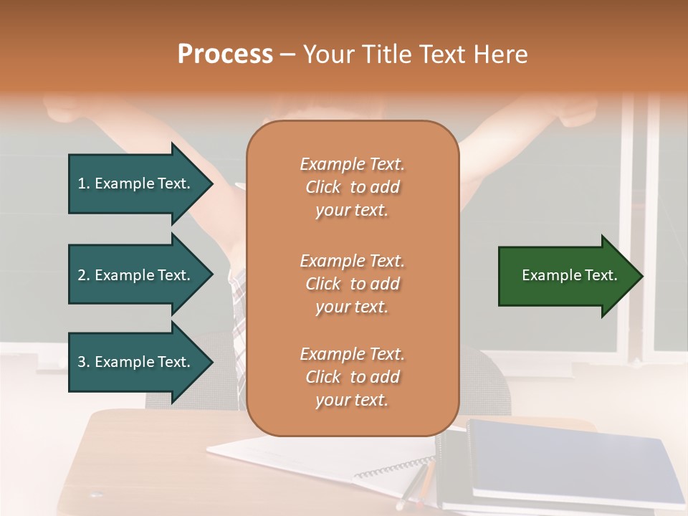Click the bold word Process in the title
[225, 54]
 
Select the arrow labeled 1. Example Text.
[136, 183]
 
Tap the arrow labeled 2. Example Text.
[136, 275]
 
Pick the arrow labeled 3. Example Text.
[136, 362]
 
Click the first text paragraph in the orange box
[352, 187]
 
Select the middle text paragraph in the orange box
[352, 283]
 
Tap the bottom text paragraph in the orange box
[352, 377]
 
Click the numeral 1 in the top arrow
[82, 183]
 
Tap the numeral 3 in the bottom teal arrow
[82, 362]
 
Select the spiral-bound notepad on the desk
[322, 459]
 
